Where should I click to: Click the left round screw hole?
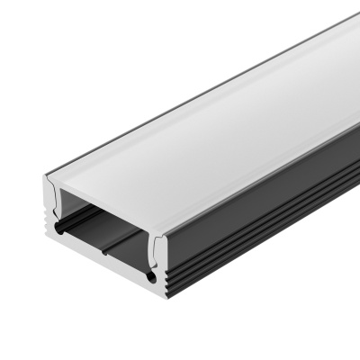[x=60, y=231]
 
